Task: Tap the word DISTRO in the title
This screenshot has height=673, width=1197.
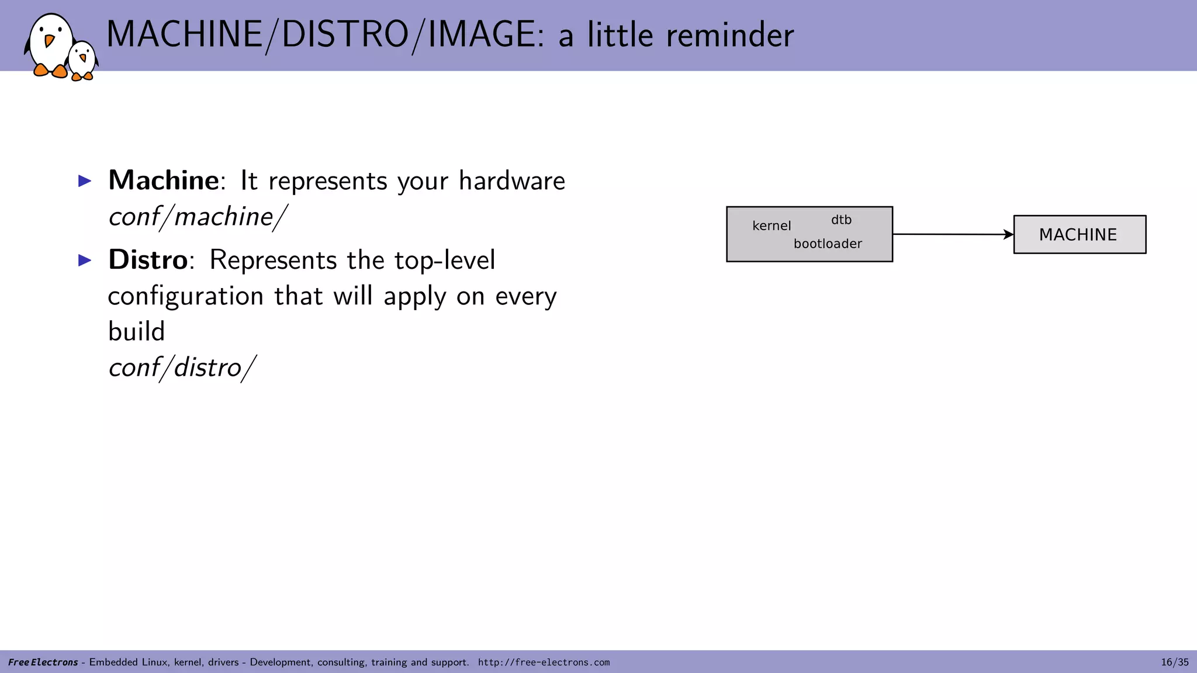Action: pos(345,34)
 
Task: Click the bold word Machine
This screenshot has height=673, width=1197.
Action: pos(163,180)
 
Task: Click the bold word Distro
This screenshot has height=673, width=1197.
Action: pos(148,259)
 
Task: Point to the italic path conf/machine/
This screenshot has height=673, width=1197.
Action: pos(198,217)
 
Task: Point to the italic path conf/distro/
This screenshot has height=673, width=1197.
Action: pos(182,367)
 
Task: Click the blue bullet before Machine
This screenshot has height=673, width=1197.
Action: pos(85,181)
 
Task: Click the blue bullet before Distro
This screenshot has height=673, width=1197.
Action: pos(85,260)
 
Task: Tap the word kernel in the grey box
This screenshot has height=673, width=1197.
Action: pos(772,226)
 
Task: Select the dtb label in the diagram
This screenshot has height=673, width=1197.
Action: pos(841,220)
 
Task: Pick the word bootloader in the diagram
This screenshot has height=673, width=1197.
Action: pos(828,244)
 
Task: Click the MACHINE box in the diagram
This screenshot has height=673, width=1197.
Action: pos(1079,234)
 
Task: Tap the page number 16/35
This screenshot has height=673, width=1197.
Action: pos(1174,662)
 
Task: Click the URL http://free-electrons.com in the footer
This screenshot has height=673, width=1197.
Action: pos(544,662)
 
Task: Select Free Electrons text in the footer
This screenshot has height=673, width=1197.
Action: pos(43,662)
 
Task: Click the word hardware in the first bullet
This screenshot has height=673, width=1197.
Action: pos(511,181)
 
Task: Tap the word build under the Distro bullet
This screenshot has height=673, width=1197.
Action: pos(136,331)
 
